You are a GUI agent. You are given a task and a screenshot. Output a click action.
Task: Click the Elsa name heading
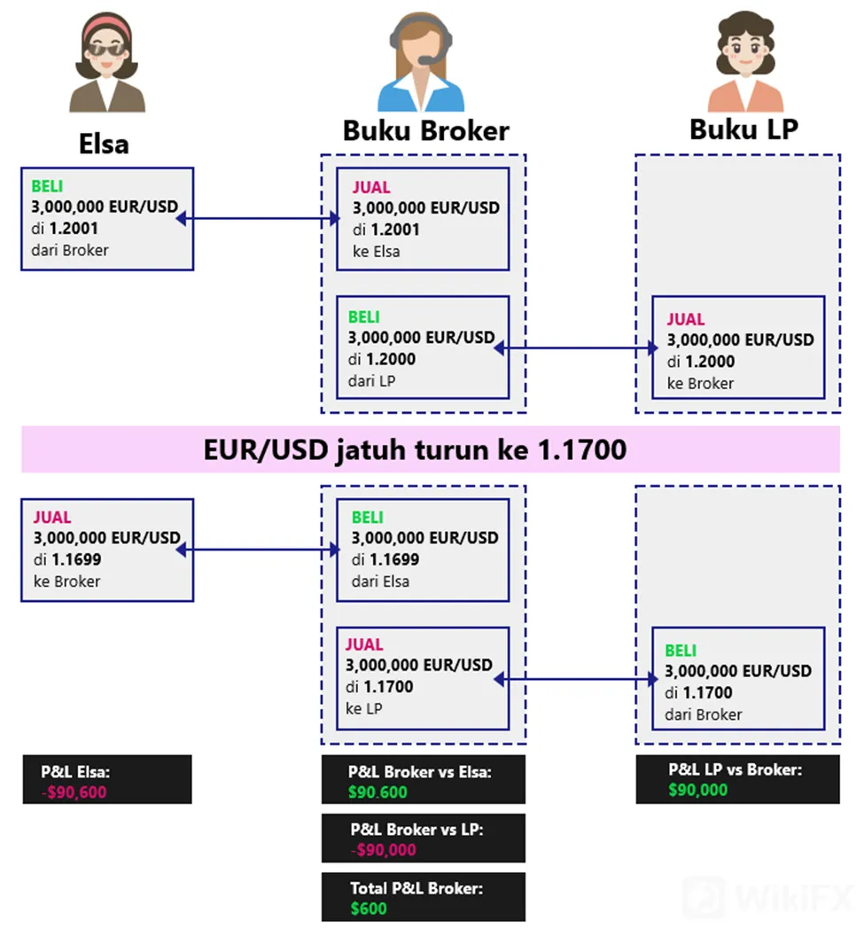click(104, 144)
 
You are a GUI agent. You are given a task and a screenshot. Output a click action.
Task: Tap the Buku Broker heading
click(426, 130)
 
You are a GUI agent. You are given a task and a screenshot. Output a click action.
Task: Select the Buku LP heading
click(744, 129)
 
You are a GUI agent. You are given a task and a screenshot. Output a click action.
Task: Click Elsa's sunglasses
click(107, 50)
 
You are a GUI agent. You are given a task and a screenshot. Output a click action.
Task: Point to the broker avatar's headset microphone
click(428, 59)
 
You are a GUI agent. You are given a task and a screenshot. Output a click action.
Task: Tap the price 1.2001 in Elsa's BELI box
click(74, 229)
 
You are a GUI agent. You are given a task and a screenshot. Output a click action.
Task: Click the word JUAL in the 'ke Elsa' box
click(371, 187)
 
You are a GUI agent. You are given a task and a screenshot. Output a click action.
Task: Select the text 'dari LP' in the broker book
click(371, 381)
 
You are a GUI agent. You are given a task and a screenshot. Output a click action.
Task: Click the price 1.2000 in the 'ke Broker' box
click(710, 362)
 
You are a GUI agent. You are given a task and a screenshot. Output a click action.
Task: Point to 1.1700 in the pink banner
click(582, 449)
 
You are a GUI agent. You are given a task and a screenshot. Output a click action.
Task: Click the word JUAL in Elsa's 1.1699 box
click(52, 517)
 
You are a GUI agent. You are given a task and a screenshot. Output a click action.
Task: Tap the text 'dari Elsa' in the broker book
click(381, 581)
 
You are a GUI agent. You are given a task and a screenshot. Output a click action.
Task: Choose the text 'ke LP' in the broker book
click(364, 708)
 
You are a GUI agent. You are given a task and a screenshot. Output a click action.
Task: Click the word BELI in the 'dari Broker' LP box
click(681, 651)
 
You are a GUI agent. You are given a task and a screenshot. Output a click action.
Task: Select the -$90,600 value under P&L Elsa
click(74, 792)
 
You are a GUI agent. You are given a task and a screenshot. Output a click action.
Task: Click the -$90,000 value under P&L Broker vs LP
click(383, 849)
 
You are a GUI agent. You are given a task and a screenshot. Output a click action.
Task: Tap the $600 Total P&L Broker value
click(369, 909)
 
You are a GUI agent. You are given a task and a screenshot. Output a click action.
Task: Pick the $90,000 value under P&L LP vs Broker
click(698, 790)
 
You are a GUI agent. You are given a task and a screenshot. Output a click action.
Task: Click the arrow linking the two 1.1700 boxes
click(577, 679)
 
